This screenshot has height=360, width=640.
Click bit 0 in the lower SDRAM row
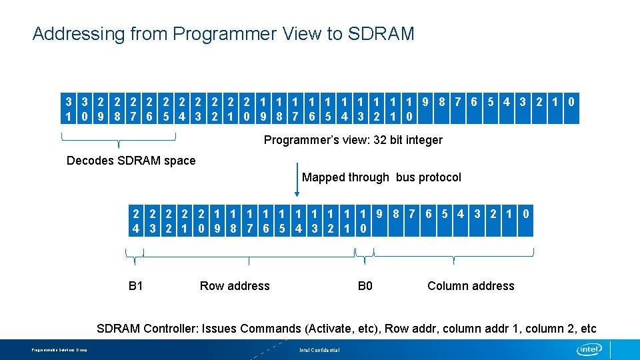tap(526, 214)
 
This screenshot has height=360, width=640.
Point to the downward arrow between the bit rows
tap(297, 181)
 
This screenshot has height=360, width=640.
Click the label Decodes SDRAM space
tap(131, 160)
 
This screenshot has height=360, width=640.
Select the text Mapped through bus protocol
tap(381, 177)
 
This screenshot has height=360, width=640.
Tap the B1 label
tap(136, 286)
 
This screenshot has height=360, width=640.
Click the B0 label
tap(365, 286)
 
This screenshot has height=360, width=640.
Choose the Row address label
tap(235, 286)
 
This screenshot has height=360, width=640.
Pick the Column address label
tap(471, 286)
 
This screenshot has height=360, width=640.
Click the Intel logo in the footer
tap(589, 349)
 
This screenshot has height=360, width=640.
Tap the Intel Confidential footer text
tap(319, 350)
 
